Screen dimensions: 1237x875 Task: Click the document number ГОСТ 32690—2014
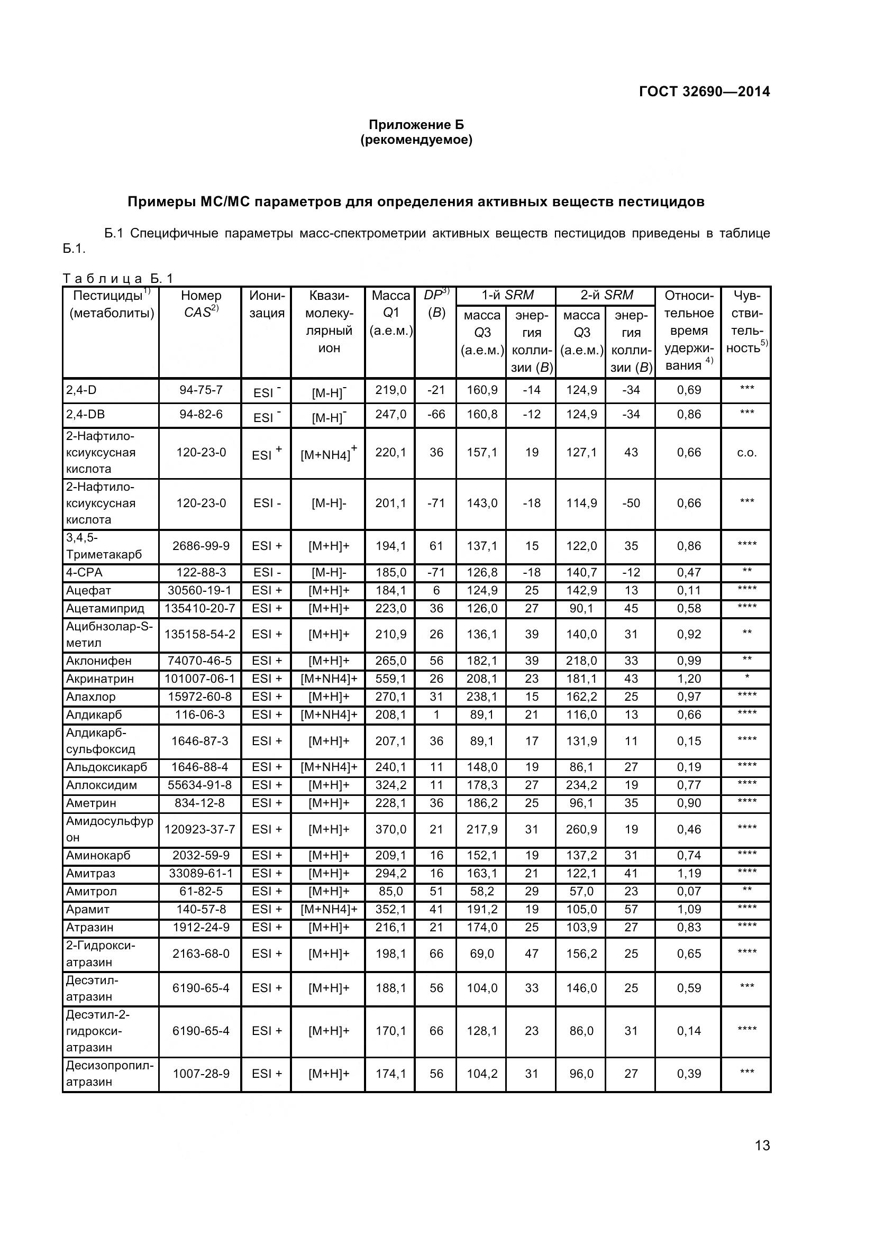(704, 91)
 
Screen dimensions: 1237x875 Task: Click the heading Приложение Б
(416, 124)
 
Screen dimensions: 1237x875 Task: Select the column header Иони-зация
(267, 304)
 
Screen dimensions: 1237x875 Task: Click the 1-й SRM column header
(506, 295)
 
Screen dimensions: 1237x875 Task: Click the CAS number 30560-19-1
(200, 591)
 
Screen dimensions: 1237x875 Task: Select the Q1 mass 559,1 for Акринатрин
(390, 679)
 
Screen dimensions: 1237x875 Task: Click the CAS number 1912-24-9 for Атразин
(200, 927)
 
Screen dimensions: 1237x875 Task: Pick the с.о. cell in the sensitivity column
(746, 453)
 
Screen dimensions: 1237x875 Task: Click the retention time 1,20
(689, 679)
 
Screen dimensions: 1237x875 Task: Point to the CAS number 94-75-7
(200, 390)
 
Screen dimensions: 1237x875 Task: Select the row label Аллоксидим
(101, 785)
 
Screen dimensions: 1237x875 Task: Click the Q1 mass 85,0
(390, 891)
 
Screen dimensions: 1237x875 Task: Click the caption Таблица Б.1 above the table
(118, 279)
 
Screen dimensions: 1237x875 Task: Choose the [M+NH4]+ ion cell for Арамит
(329, 910)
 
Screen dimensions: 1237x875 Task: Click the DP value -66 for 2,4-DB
(435, 414)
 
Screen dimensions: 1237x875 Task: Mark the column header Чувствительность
(746, 322)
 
